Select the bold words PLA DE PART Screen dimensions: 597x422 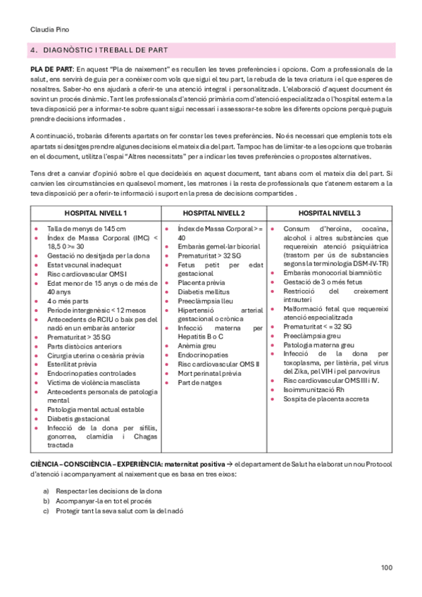[x=51, y=70]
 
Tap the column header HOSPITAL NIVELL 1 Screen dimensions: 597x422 [x=95, y=213]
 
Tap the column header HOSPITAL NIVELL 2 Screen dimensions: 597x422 [x=214, y=213]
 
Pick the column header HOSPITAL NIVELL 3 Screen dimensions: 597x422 [x=329, y=213]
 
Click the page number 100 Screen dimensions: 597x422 [x=386, y=568]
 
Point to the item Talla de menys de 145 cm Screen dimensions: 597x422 [x=87, y=229]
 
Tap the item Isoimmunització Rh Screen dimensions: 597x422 [x=314, y=390]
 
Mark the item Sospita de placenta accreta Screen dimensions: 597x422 [x=325, y=400]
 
